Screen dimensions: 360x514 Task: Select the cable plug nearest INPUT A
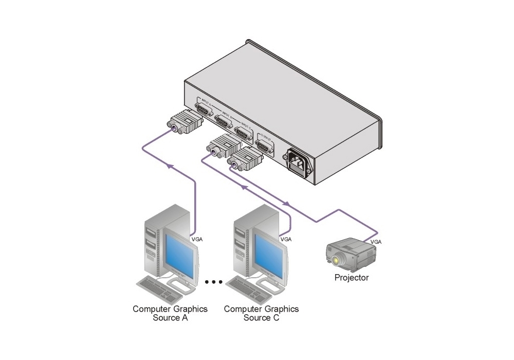pos(182,124)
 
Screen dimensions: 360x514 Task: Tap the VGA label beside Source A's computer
pos(197,239)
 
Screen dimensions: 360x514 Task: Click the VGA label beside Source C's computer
pos(286,239)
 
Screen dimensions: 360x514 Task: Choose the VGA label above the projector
pos(376,241)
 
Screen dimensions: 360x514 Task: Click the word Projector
pos(352,278)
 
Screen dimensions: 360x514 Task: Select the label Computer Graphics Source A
pos(170,313)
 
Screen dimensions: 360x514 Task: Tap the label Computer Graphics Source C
pos(261,313)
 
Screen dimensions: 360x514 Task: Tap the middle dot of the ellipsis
pos(214,282)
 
